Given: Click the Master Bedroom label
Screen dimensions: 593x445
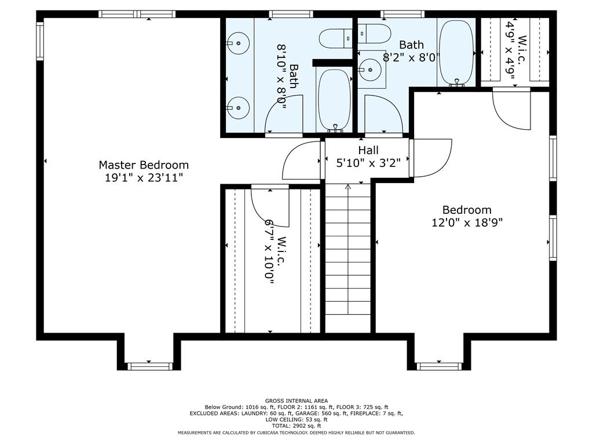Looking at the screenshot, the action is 144,165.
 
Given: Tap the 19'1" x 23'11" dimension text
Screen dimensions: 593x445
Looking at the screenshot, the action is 144,177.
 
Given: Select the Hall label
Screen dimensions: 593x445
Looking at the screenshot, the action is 368,150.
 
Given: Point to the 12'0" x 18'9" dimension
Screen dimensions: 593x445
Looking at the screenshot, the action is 467,222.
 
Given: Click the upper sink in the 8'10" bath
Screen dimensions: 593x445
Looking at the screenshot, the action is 237,43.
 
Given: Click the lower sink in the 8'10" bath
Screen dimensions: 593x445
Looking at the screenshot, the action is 237,108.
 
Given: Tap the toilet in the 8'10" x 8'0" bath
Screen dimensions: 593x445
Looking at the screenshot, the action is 335,38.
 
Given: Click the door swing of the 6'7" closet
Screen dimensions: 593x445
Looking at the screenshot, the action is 270,208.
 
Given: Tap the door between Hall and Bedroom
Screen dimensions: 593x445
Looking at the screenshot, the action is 431,158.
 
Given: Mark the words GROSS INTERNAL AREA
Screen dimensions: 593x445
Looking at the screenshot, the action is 296,401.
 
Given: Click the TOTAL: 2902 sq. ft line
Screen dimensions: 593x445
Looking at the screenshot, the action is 296,426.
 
